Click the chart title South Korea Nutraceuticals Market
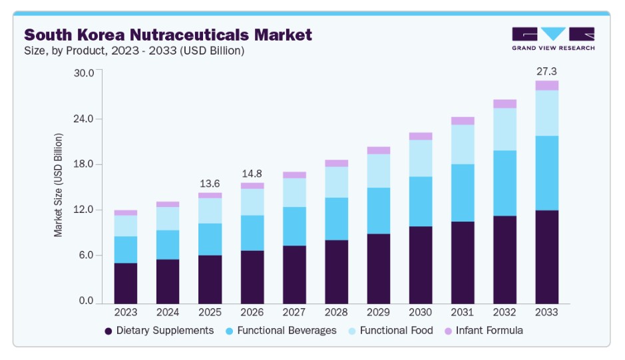point(168,35)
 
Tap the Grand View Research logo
point(553,39)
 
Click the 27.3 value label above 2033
point(547,71)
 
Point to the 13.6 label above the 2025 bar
point(210,183)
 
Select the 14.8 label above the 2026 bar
point(252,173)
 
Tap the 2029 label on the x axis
point(379,312)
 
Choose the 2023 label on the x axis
point(126,312)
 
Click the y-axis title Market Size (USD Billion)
point(59,185)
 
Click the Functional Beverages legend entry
point(280,331)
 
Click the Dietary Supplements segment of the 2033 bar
point(547,256)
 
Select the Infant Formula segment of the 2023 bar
point(126,213)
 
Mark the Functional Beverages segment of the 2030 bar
point(421,202)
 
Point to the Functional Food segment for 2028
point(337,182)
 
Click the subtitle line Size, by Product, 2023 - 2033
point(134,51)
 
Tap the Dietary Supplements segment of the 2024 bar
point(168,281)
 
